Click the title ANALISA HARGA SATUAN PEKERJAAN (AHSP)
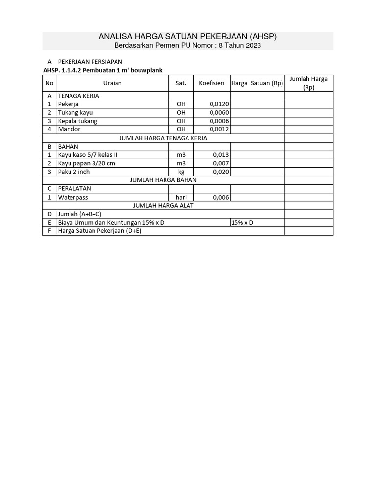tap(188, 37)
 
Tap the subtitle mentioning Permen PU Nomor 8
tap(188, 45)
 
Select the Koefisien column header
tap(211, 83)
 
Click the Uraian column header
tap(113, 83)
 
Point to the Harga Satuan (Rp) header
tap(257, 83)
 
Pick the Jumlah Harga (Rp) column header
tap(308, 83)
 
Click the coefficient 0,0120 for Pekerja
tap(219, 104)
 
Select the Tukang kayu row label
tap(75, 113)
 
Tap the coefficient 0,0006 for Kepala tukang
tap(219, 121)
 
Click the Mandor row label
tap(69, 129)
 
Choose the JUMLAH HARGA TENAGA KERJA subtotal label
tap(163, 138)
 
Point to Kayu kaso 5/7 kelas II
tap(88, 155)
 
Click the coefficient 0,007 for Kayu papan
tap(221, 163)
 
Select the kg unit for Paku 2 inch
tap(181, 172)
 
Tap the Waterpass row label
tap(73, 197)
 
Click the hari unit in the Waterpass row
tap(181, 197)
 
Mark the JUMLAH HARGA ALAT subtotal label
tap(163, 205)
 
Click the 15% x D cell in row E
tap(242, 223)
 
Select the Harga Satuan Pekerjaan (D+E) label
tap(99, 231)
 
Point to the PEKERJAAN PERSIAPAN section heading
tap(90, 62)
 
